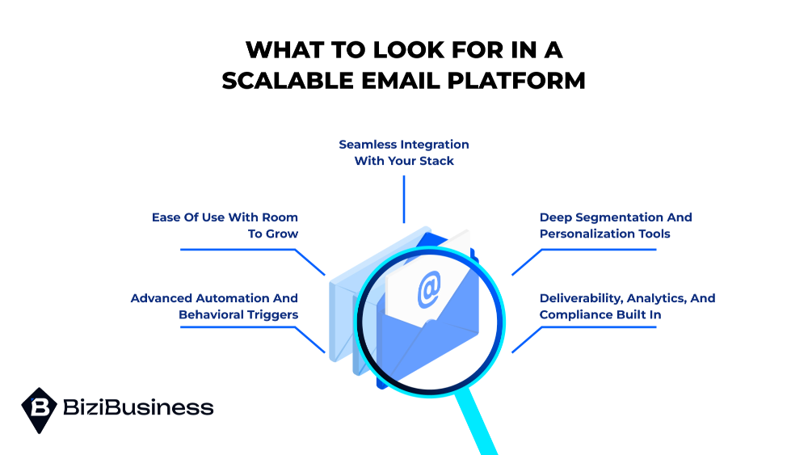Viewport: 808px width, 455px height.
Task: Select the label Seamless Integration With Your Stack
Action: pyautogui.click(x=404, y=153)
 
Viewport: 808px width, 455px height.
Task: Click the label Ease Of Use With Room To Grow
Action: pyautogui.click(x=225, y=225)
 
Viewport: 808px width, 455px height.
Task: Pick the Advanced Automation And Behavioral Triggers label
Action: pyautogui.click(x=214, y=306)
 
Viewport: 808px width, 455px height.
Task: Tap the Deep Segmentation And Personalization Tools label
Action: pyautogui.click(x=615, y=225)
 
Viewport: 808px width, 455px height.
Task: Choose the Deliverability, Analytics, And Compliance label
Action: pyautogui.click(x=627, y=306)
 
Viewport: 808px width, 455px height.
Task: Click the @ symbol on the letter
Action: pyautogui.click(x=429, y=289)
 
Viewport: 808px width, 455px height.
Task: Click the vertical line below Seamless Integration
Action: pyautogui.click(x=404, y=199)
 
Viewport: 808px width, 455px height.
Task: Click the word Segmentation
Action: pyautogui.click(x=625, y=217)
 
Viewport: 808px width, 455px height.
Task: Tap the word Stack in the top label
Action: pyautogui.click(x=436, y=161)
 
